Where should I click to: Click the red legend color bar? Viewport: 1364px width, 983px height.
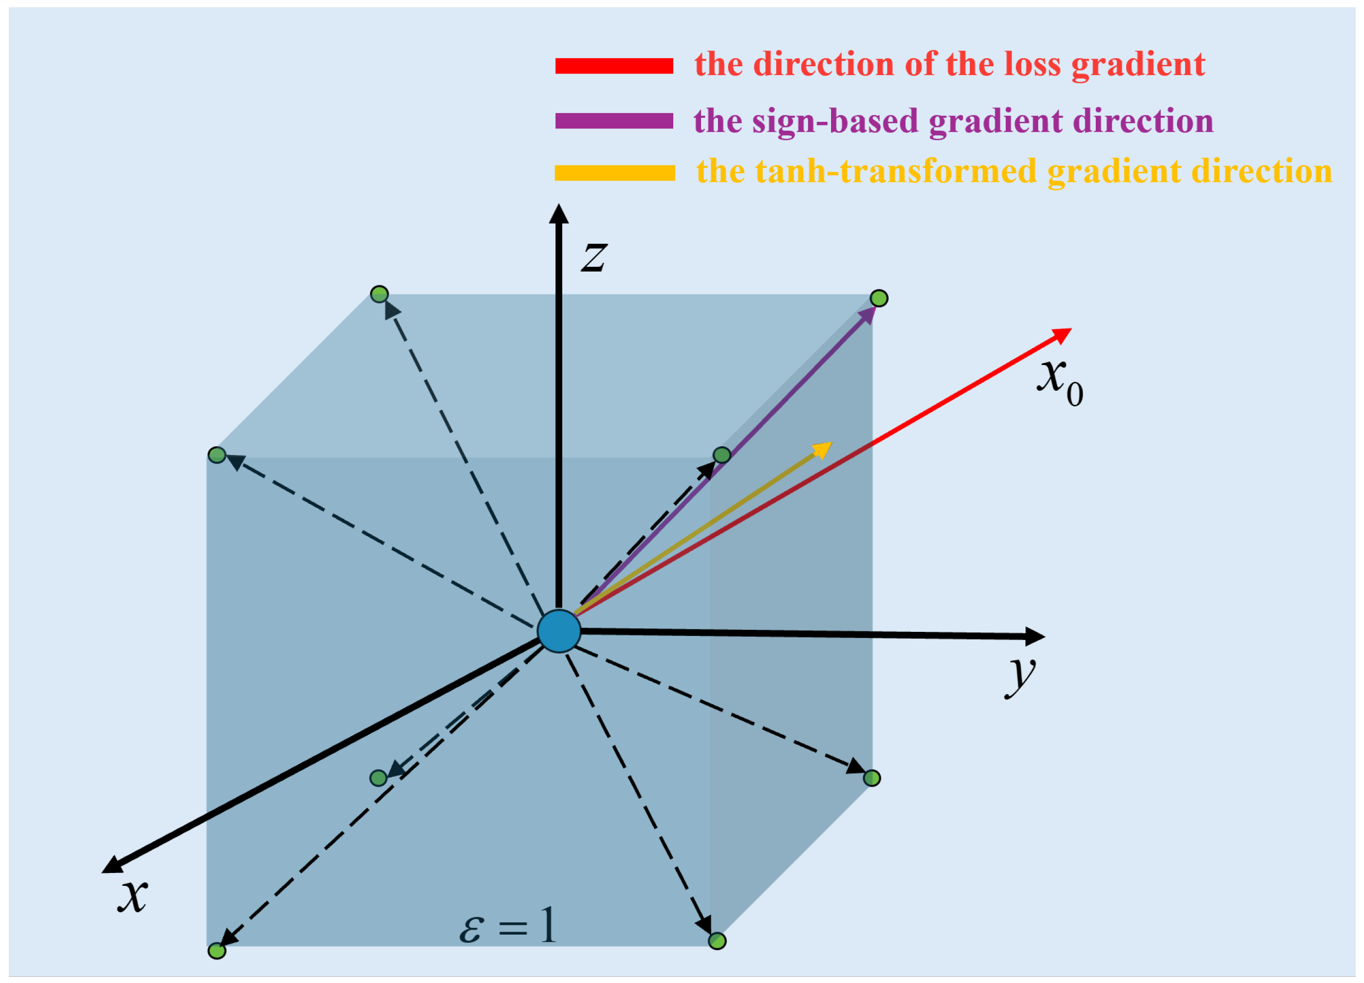pos(614,66)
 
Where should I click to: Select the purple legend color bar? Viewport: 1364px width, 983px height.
pos(614,120)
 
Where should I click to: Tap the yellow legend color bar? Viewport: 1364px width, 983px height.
pos(615,173)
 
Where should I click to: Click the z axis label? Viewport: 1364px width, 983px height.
pos(594,257)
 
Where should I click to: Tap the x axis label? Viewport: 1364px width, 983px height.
pos(132,895)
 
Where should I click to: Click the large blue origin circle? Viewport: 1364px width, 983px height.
pos(559,631)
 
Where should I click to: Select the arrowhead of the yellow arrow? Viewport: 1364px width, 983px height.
pos(823,449)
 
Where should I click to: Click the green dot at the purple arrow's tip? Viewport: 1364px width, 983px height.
pos(879,298)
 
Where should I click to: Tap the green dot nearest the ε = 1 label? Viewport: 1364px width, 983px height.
pos(717,941)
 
